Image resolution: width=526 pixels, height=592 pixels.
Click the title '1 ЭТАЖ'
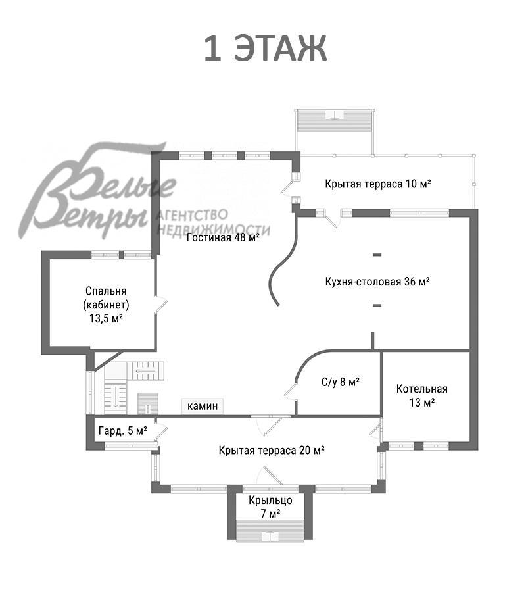pos(266,48)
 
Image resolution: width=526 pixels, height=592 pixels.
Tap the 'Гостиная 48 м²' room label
pos(223,237)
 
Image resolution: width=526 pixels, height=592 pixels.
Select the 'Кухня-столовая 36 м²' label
pos(377,282)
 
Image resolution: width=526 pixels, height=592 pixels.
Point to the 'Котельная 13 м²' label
pos(422,396)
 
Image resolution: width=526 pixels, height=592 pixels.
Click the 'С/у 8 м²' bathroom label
pos(341,382)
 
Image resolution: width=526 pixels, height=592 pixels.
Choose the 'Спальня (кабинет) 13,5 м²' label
pos(106,305)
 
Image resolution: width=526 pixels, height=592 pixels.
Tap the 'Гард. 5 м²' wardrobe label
pos(123,431)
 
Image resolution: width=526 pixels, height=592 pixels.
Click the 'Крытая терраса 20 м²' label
pos(272,450)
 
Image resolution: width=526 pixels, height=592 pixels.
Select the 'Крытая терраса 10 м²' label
pos(378,184)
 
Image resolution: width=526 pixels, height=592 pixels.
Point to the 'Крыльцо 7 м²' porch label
pos(270,506)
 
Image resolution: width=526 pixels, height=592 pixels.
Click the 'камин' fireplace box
pos(203,406)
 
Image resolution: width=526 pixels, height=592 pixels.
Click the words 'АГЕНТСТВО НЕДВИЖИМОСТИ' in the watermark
pos(213,223)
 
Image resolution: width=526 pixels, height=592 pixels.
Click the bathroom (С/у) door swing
pos(291,390)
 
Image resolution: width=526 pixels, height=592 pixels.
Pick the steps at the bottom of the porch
pos(270,530)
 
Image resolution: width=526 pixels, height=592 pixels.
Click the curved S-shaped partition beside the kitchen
pos(283,260)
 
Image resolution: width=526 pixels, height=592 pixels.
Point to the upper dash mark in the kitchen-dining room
pos(377,255)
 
